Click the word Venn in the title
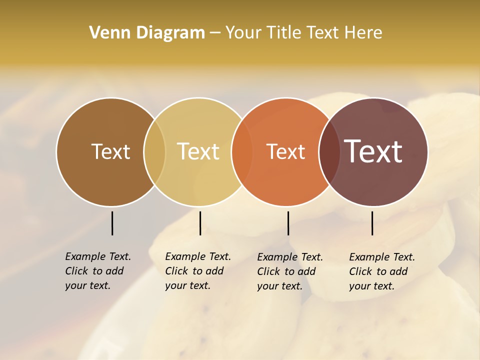click(x=107, y=33)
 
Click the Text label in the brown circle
click(x=110, y=151)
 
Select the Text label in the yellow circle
click(x=198, y=151)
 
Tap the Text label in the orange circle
click(x=285, y=151)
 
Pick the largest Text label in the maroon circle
click(x=373, y=151)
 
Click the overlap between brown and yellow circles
click(x=154, y=151)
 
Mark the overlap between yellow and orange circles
click(x=242, y=151)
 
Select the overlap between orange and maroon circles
click(x=329, y=151)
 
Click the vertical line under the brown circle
click(x=112, y=223)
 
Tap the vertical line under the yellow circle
click(x=200, y=223)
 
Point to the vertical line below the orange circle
click(x=288, y=223)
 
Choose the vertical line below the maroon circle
click(x=372, y=223)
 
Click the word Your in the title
click(x=243, y=33)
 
